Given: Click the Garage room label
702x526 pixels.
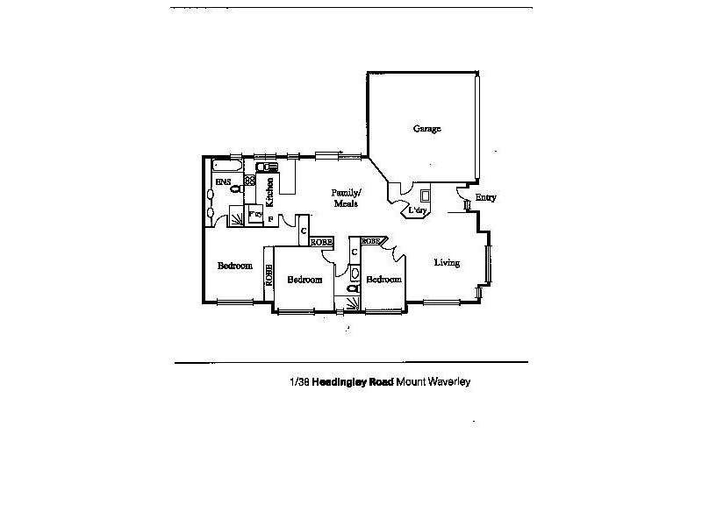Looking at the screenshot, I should coord(427,129).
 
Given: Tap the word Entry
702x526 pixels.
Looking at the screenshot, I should coord(485,197).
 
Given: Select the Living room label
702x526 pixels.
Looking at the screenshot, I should coord(447,262).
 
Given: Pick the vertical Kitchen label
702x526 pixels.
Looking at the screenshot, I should coord(270,187).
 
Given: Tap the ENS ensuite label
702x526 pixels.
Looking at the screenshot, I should coord(222,181).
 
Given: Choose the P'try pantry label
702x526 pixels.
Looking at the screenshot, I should coord(255,213).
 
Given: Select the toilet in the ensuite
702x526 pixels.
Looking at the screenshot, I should coord(234,187).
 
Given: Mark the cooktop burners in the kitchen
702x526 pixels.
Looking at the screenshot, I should coord(249,181).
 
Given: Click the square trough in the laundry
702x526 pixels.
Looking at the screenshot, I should coord(426,195).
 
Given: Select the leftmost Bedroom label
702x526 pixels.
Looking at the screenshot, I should coord(235,266).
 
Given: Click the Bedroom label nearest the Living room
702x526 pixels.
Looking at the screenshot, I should coord(383,280).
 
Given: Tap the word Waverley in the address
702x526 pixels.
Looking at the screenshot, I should coord(450,382).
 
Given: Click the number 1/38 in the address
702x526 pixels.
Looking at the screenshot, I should coord(300,382).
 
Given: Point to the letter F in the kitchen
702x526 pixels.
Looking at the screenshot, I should coord(270,217).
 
